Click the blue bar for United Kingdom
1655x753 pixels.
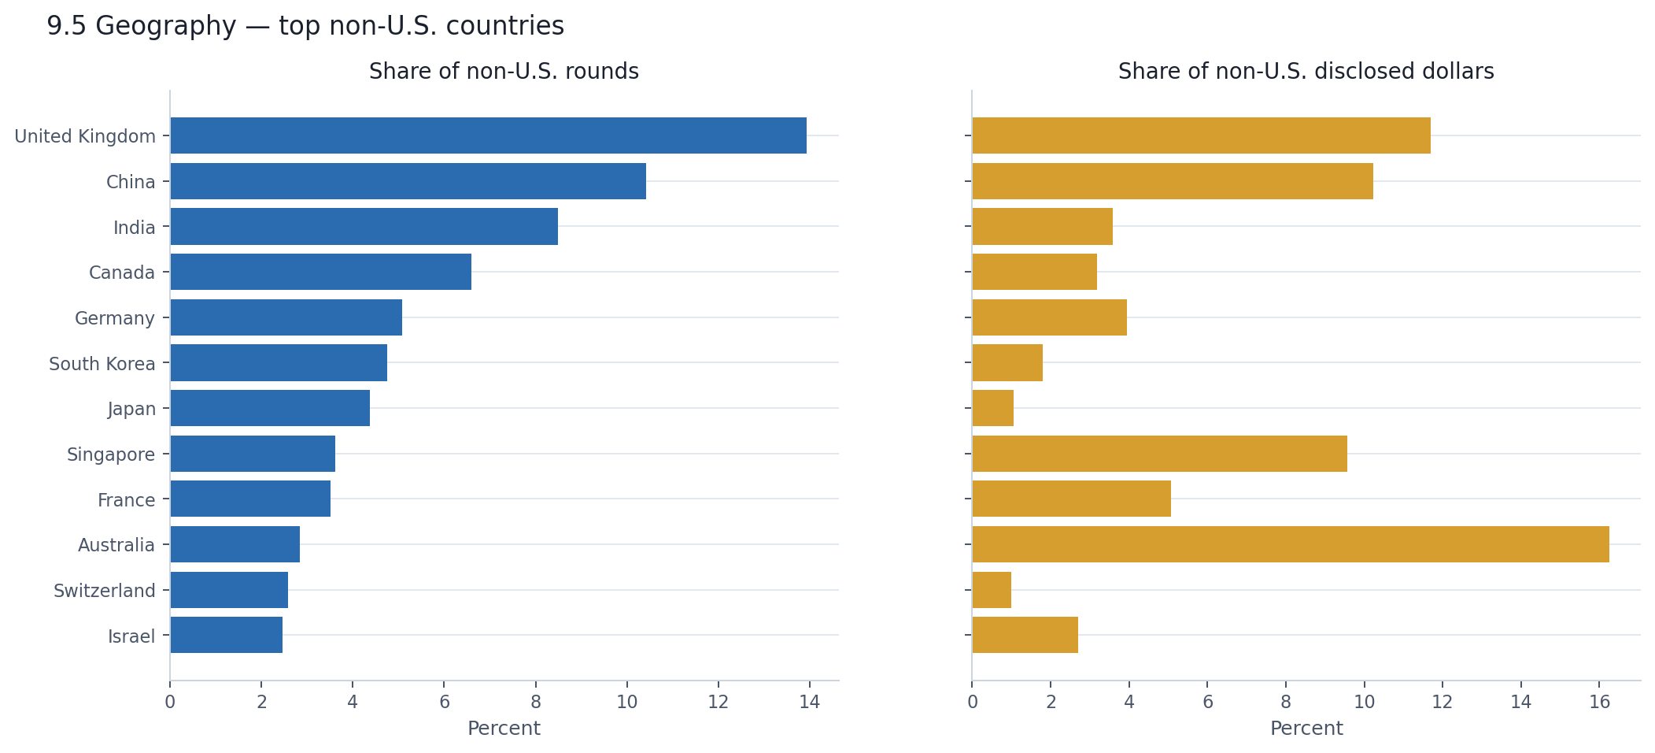click(488, 135)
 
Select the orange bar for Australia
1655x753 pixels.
click(1291, 544)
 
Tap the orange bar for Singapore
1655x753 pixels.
click(1159, 454)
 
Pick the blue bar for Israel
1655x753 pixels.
click(227, 635)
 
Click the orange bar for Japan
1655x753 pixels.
click(993, 408)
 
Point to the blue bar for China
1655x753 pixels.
click(408, 181)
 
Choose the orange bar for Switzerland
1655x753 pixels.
click(992, 590)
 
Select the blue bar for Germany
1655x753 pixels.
click(286, 317)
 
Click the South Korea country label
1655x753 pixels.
click(102, 364)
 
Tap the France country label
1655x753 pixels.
click(126, 500)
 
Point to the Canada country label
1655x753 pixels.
click(122, 273)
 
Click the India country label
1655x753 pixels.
click(135, 228)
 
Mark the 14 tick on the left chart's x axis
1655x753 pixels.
click(809, 702)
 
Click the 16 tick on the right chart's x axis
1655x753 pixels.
click(1599, 702)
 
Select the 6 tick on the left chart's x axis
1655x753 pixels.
click(444, 702)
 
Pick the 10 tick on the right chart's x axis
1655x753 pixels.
click(1364, 702)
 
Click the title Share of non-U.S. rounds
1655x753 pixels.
click(504, 72)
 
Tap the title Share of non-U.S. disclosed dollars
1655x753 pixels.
click(1306, 72)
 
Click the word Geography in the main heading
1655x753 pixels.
click(165, 26)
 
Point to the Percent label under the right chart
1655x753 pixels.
click(1306, 729)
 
